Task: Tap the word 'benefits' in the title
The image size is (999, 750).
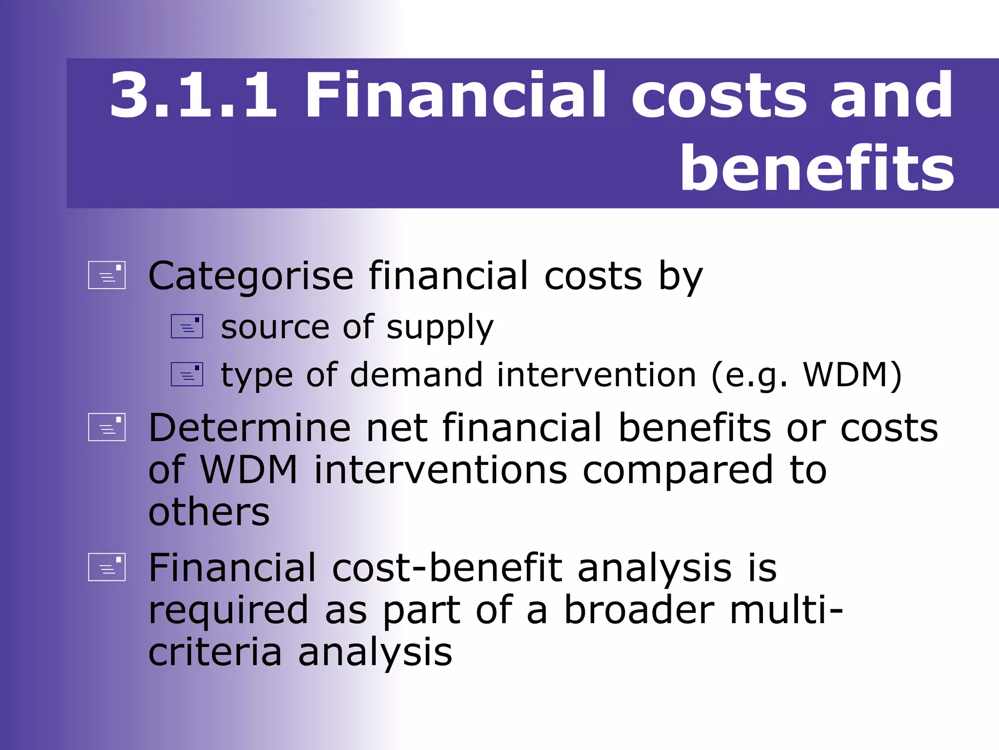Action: (x=817, y=169)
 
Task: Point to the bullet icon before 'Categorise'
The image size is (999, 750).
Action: (x=107, y=275)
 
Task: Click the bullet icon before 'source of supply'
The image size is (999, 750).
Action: (x=187, y=326)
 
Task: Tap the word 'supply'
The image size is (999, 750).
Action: (x=440, y=328)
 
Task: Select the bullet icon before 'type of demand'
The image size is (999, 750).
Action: (x=187, y=375)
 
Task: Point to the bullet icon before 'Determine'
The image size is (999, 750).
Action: (x=107, y=427)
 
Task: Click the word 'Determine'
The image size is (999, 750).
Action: (x=249, y=428)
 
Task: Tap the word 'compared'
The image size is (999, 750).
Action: (x=678, y=471)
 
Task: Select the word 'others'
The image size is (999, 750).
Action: (x=209, y=512)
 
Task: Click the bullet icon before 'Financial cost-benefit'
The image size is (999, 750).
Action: (x=107, y=567)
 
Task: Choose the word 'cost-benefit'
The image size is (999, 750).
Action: (x=447, y=568)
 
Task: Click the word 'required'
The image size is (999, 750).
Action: (x=228, y=611)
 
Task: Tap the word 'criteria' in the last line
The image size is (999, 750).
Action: (x=215, y=652)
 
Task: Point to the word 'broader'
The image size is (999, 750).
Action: (x=639, y=610)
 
